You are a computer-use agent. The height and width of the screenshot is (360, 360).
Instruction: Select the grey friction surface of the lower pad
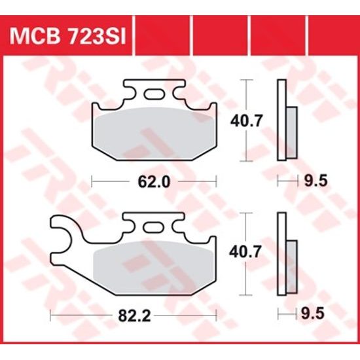pyautogui.click(x=154, y=268)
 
